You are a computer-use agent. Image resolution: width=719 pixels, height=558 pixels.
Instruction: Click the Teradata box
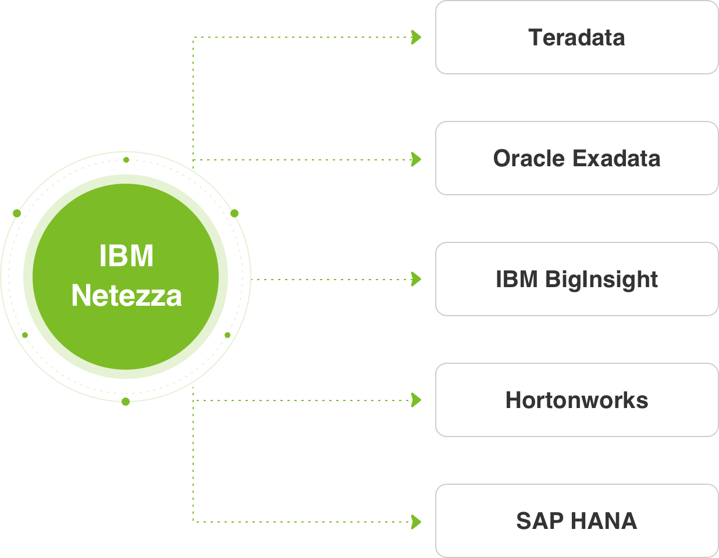576,37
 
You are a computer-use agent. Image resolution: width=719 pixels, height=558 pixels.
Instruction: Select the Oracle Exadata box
576,158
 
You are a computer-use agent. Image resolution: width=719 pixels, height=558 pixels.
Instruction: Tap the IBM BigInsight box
576,279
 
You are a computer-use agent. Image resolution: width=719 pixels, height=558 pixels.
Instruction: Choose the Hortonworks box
576,400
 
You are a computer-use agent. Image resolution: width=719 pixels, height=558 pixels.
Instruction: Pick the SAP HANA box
576,521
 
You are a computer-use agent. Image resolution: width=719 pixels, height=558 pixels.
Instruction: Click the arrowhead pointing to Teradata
416,37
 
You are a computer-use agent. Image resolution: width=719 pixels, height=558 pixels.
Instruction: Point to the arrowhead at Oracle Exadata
416,159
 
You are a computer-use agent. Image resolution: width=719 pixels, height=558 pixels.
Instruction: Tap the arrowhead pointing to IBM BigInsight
416,279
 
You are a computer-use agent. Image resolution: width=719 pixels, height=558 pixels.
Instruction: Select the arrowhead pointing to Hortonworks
416,400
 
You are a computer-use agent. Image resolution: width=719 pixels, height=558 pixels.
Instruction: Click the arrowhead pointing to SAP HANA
416,521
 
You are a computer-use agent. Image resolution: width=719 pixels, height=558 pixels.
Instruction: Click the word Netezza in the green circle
126,295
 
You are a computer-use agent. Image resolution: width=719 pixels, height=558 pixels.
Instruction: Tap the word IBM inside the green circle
126,256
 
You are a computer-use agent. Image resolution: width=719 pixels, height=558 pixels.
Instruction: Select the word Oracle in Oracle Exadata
529,158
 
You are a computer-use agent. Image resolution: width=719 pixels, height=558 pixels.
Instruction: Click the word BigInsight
601,280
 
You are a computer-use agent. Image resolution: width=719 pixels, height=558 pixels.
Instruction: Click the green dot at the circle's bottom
126,401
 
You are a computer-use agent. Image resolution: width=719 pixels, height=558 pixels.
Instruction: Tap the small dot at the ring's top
126,159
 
